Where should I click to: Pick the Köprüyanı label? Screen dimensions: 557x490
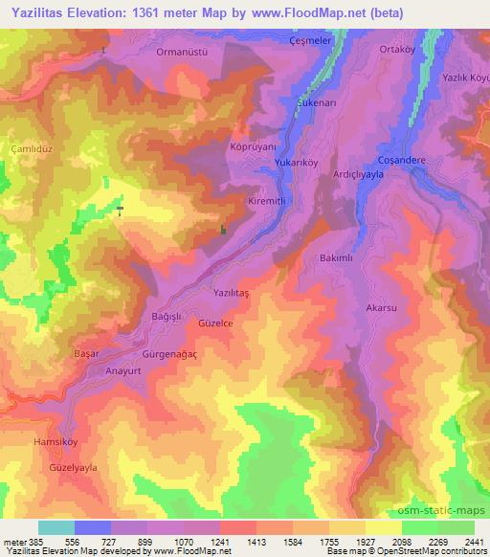[x=255, y=148]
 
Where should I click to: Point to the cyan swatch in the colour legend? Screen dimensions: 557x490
[x=56, y=527]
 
